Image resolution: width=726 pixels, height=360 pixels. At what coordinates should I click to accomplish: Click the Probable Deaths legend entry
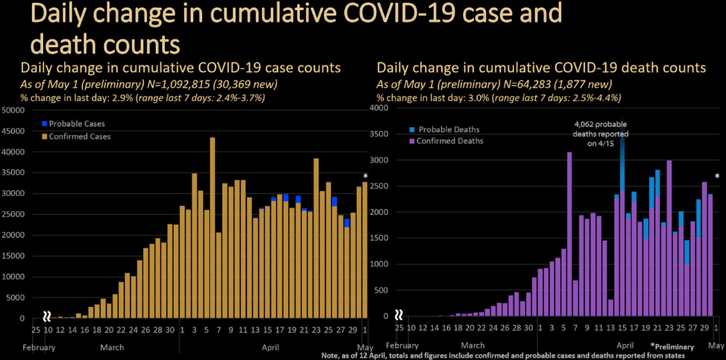(448, 129)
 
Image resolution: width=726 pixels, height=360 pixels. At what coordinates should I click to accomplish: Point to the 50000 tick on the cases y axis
(13, 110)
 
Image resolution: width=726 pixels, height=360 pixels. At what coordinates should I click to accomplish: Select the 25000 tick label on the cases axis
(13, 215)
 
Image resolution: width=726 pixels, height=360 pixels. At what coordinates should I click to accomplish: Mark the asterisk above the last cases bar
(365, 176)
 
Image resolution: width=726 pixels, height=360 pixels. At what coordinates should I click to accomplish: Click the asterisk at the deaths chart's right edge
(717, 176)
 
